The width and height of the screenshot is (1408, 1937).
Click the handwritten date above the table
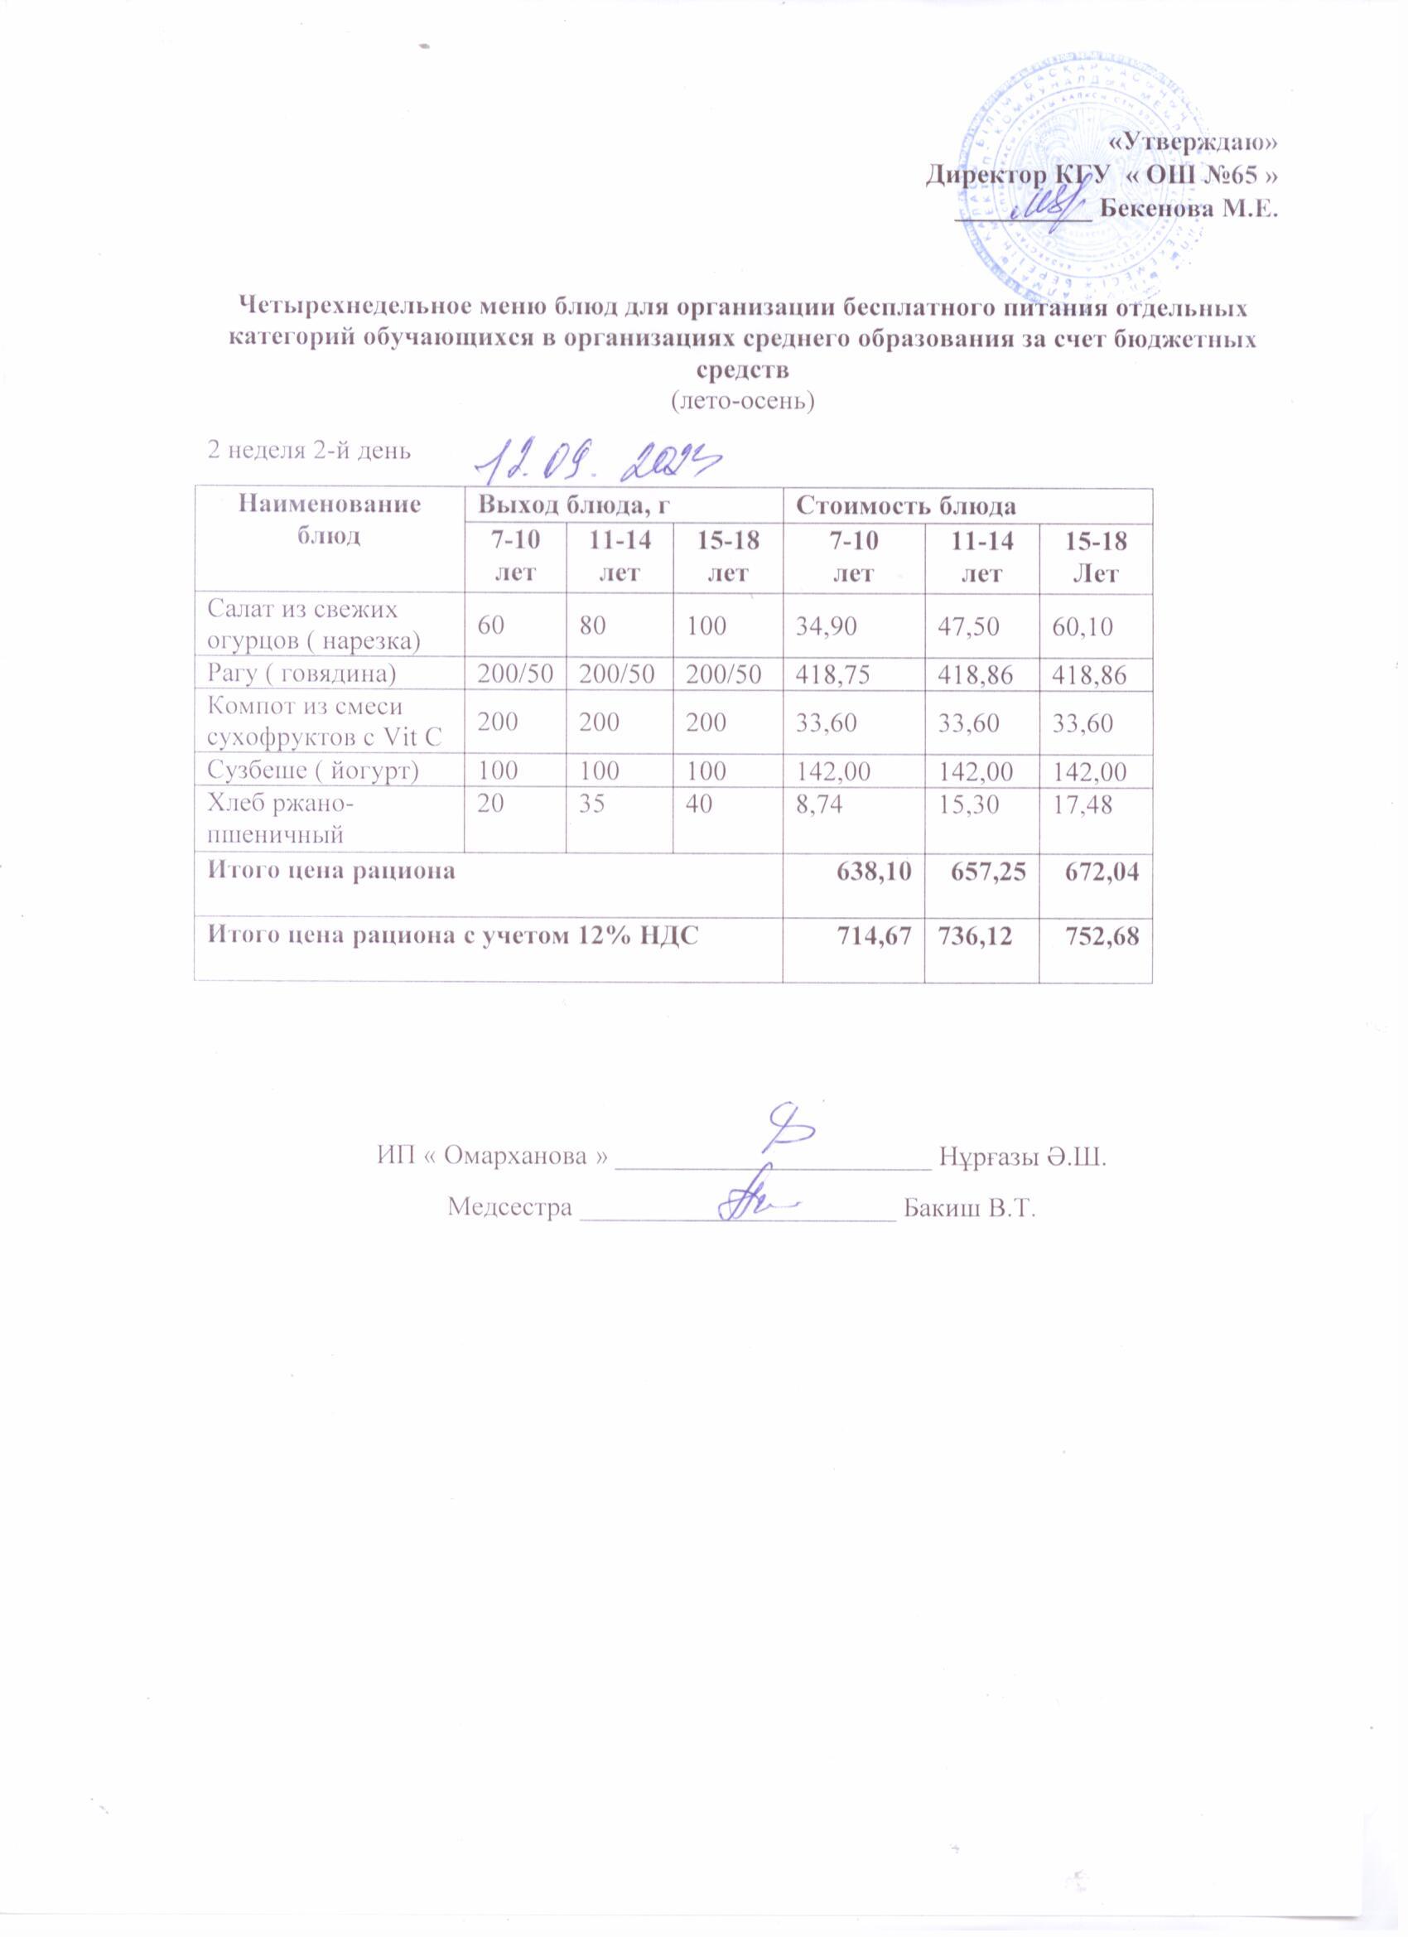(598, 464)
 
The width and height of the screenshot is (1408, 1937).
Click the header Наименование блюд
(329, 520)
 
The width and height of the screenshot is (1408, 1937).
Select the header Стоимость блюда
(906, 506)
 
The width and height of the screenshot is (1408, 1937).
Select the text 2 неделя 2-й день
(310, 450)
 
